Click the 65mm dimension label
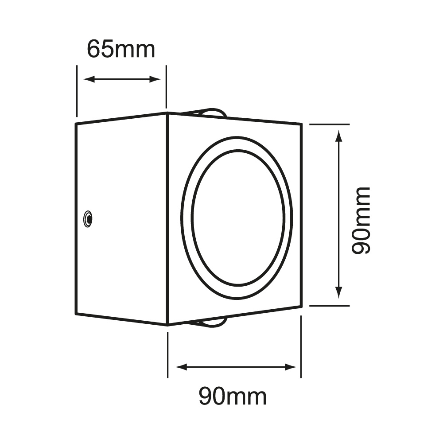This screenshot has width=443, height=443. click(x=120, y=49)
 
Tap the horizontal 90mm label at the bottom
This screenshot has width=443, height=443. click(x=232, y=396)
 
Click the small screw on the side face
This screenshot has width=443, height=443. click(x=88, y=218)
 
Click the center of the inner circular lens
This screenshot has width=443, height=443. click(x=237, y=218)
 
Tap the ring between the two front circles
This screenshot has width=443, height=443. click(x=187, y=217)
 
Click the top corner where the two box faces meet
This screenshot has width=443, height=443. click(x=167, y=113)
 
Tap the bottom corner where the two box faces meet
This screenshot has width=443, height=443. click(x=167, y=325)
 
